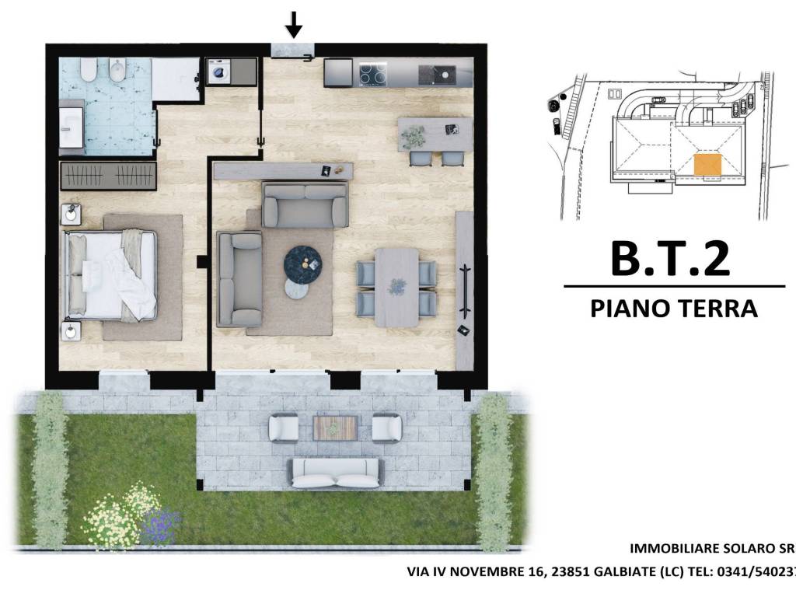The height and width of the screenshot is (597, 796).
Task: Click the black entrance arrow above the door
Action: (293, 24)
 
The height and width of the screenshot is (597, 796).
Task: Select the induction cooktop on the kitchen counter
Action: (373, 74)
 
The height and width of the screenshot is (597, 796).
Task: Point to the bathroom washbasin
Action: (72, 127)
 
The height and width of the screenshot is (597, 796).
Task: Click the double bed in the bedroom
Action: (110, 275)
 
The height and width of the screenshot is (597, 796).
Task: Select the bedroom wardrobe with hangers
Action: (107, 176)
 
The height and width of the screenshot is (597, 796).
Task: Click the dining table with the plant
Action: (397, 288)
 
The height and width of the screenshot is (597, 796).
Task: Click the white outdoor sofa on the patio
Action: (334, 473)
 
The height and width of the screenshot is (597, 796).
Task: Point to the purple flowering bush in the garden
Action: (160, 524)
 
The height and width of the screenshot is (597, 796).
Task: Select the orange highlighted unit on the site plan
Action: (707, 165)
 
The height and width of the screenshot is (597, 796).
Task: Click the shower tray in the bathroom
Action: (176, 79)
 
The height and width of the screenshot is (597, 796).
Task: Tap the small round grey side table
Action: (296, 289)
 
